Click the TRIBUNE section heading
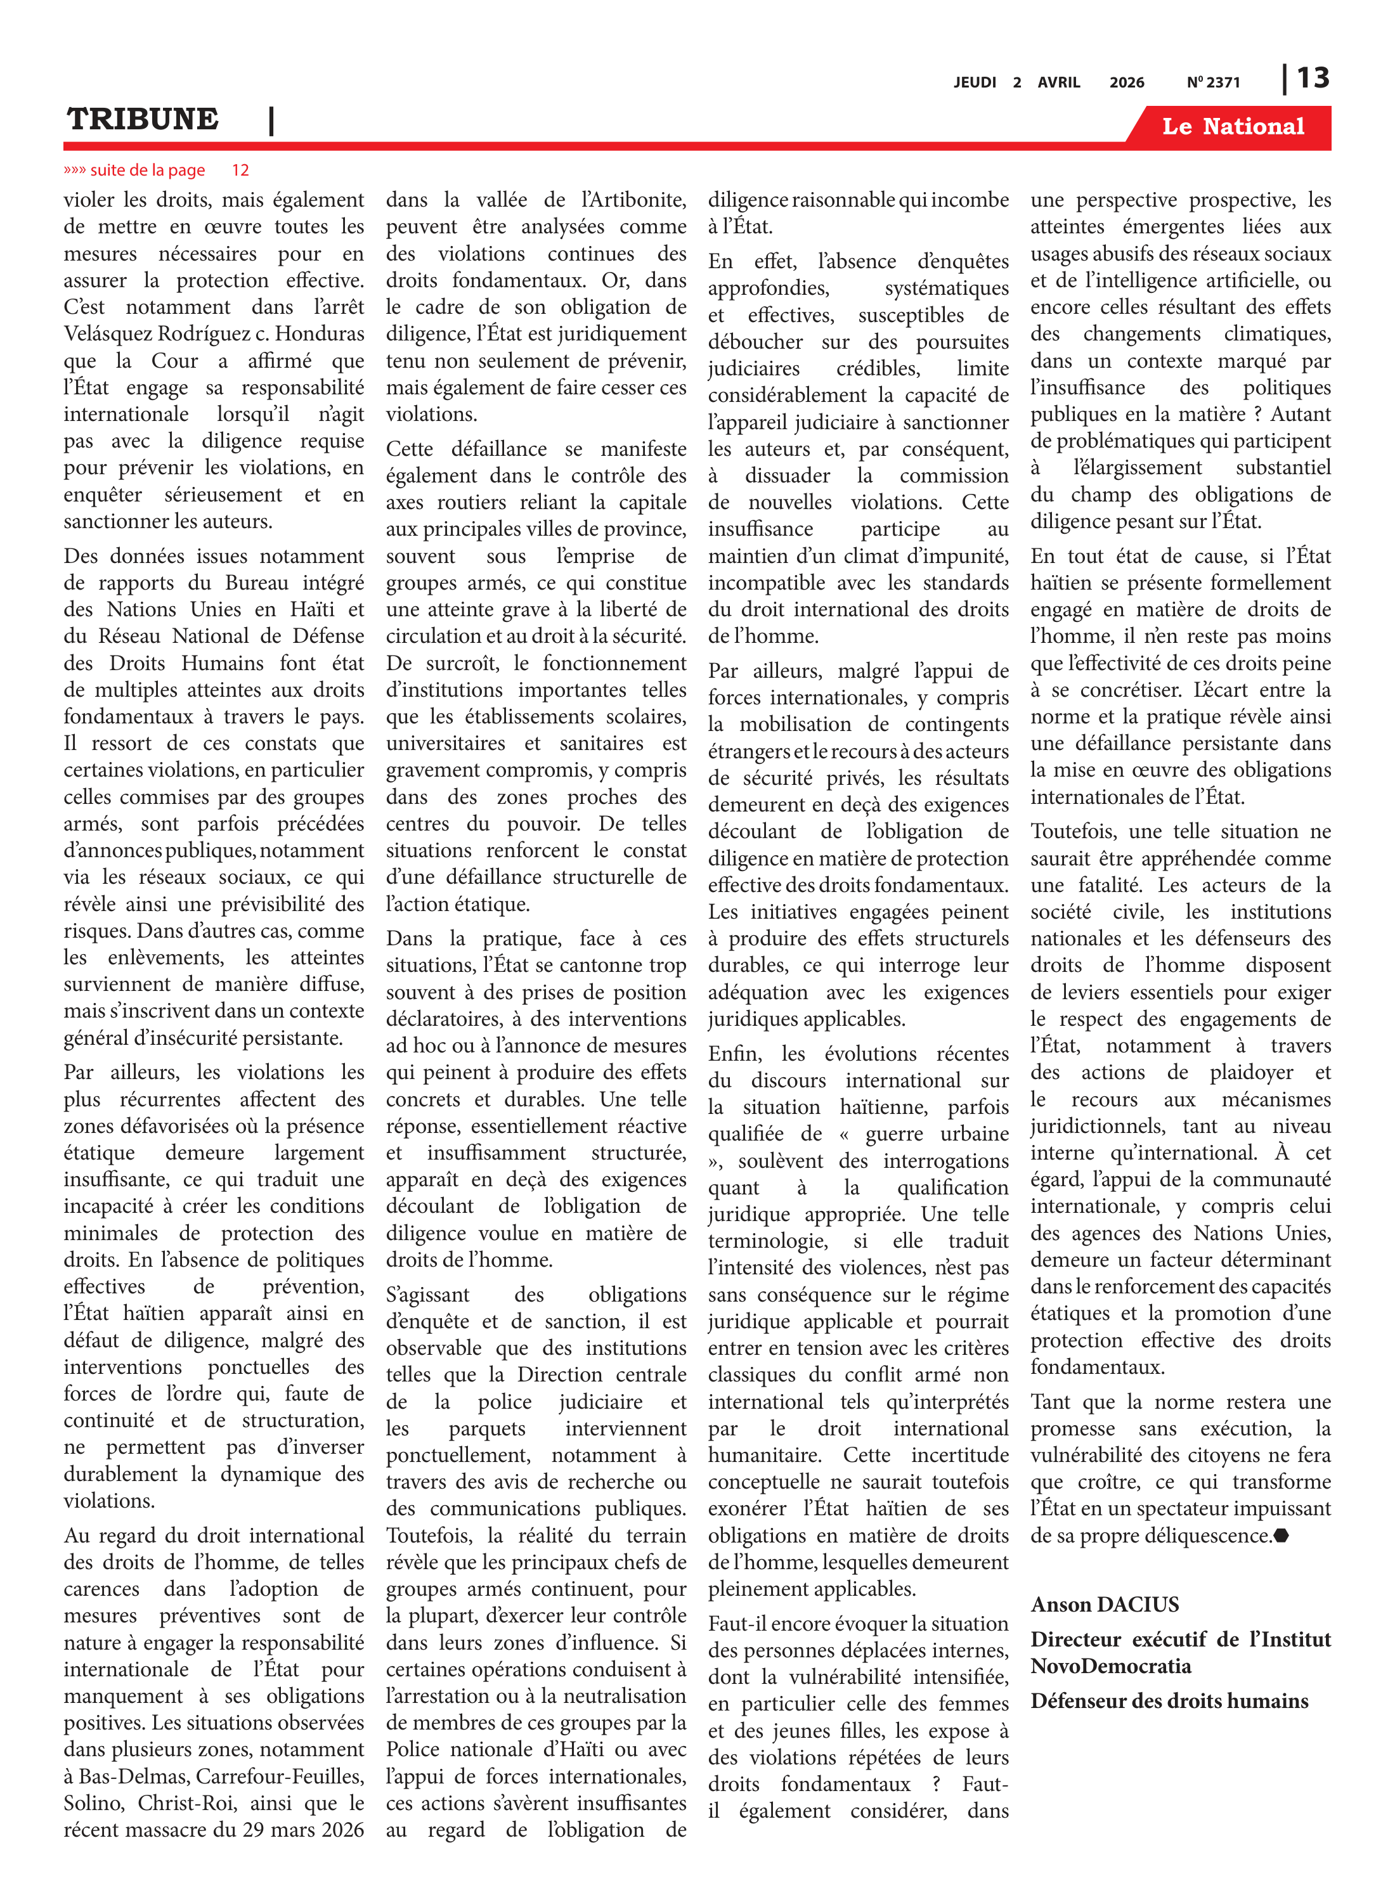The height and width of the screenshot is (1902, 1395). coord(143,119)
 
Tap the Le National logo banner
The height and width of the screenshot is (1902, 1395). coord(1232,127)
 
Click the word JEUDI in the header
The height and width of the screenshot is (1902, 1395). coord(975,82)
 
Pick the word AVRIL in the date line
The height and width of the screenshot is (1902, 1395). coord(1059,82)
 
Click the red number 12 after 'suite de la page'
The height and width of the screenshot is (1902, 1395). coord(241,171)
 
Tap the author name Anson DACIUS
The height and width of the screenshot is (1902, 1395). coord(1104,1604)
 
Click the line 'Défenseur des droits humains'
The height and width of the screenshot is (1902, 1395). coord(1169,1700)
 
